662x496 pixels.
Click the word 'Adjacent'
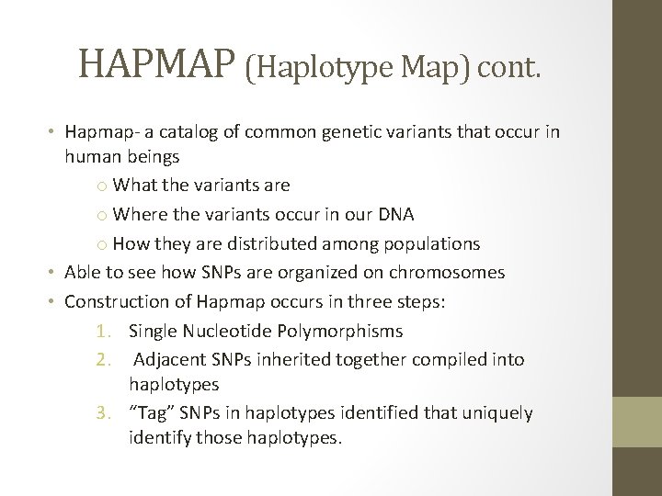[x=168, y=359]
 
